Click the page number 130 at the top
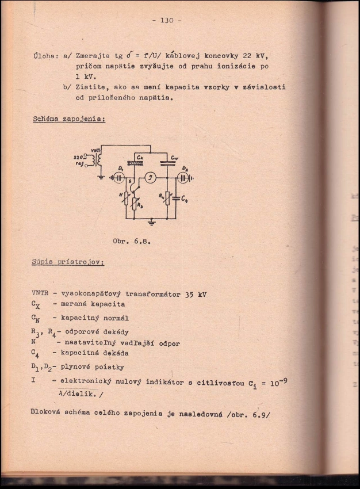coord(167,21)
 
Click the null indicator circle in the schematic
coord(149,178)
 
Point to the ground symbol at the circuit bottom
coord(152,222)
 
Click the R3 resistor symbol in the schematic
coord(135,202)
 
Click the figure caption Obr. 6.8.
coord(132,241)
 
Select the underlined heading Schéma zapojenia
coord(68,119)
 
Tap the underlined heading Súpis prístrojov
coord(68,262)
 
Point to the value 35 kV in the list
coord(195,295)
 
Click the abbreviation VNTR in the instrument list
coord(41,294)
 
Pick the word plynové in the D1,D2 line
coord(78,366)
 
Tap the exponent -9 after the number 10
coord(282,378)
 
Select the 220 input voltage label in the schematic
coord(79,156)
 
